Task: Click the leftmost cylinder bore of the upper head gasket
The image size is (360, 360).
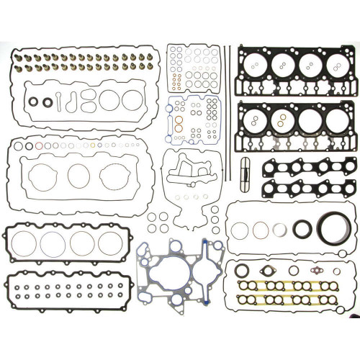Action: [257, 63]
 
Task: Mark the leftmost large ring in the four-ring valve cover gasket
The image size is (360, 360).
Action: [24, 243]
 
